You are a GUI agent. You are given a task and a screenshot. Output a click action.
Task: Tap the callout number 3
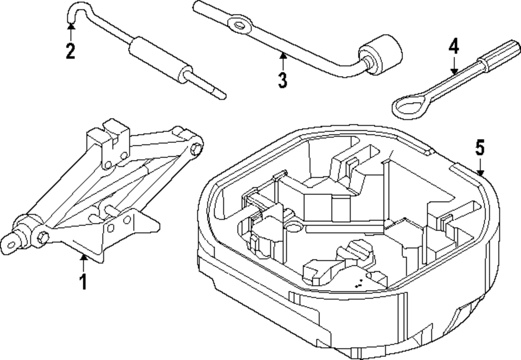click(x=282, y=80)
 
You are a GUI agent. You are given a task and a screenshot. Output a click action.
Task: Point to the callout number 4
click(x=454, y=48)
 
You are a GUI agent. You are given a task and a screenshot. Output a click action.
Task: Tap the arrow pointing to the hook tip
click(x=70, y=30)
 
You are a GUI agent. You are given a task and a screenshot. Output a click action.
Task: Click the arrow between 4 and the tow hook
click(x=454, y=66)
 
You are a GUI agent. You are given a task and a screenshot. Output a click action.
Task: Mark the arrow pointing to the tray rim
click(x=480, y=168)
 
